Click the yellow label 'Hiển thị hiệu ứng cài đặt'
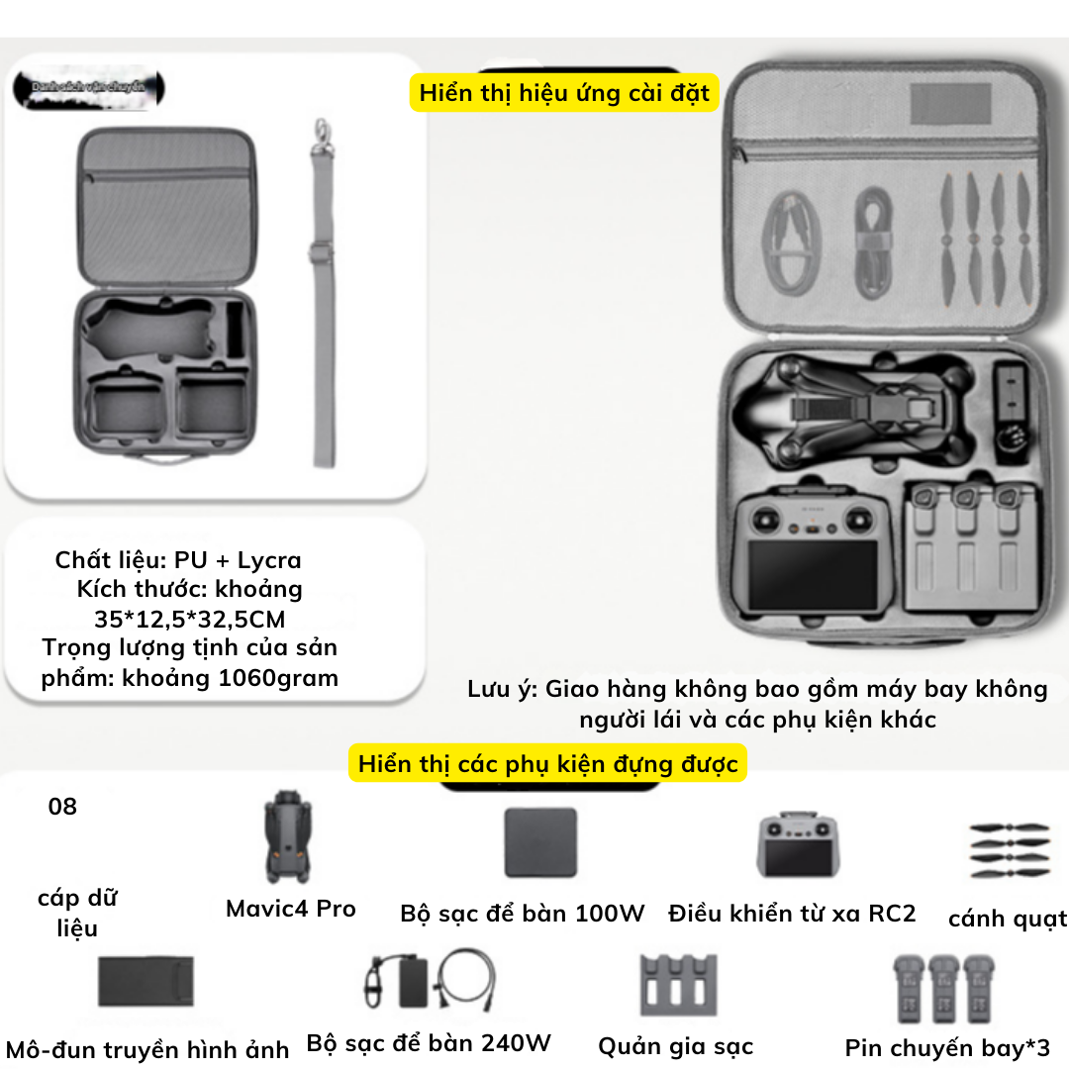coord(564,94)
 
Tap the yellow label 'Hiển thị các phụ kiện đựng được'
coord(547,764)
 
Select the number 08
coord(62,807)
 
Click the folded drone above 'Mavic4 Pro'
coord(289,836)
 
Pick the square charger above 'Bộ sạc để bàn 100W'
coord(539,841)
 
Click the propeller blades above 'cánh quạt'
coord(1008,848)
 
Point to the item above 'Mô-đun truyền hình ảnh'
coord(146,981)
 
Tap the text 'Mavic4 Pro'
coord(290,909)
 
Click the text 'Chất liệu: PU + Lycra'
coord(178,560)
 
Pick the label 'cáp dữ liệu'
coord(77,913)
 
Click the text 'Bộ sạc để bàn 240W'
coord(429,1043)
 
